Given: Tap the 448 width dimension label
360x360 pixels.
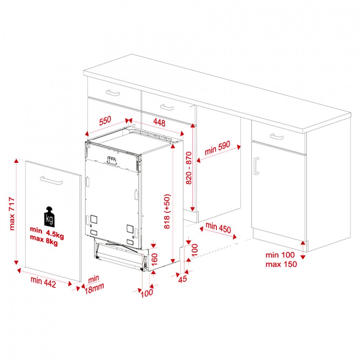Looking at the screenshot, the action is click(159, 122).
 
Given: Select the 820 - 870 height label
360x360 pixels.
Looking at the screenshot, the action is click(189, 168).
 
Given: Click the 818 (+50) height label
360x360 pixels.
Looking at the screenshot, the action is click(167, 211).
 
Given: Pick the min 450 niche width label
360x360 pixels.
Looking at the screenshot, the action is click(218, 227).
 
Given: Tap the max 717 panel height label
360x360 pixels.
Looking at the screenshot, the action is click(12, 214).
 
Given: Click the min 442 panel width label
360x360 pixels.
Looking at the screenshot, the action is click(43, 282).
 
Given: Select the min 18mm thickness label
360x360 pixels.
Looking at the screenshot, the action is click(94, 285).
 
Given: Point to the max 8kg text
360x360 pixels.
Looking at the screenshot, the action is click(44, 240).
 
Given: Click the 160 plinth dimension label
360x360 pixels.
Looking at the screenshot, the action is click(155, 259).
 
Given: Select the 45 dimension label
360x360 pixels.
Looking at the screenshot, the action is click(183, 279).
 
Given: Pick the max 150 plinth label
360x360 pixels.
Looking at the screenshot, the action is click(281, 264).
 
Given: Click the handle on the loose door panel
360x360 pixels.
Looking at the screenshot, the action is click(51, 180).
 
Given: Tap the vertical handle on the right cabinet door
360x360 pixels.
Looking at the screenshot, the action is click(256, 166).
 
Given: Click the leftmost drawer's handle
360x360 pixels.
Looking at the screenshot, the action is click(113, 93).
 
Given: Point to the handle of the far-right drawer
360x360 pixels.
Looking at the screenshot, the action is click(277, 137).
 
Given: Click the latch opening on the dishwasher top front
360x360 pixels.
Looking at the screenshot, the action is click(112, 160).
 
